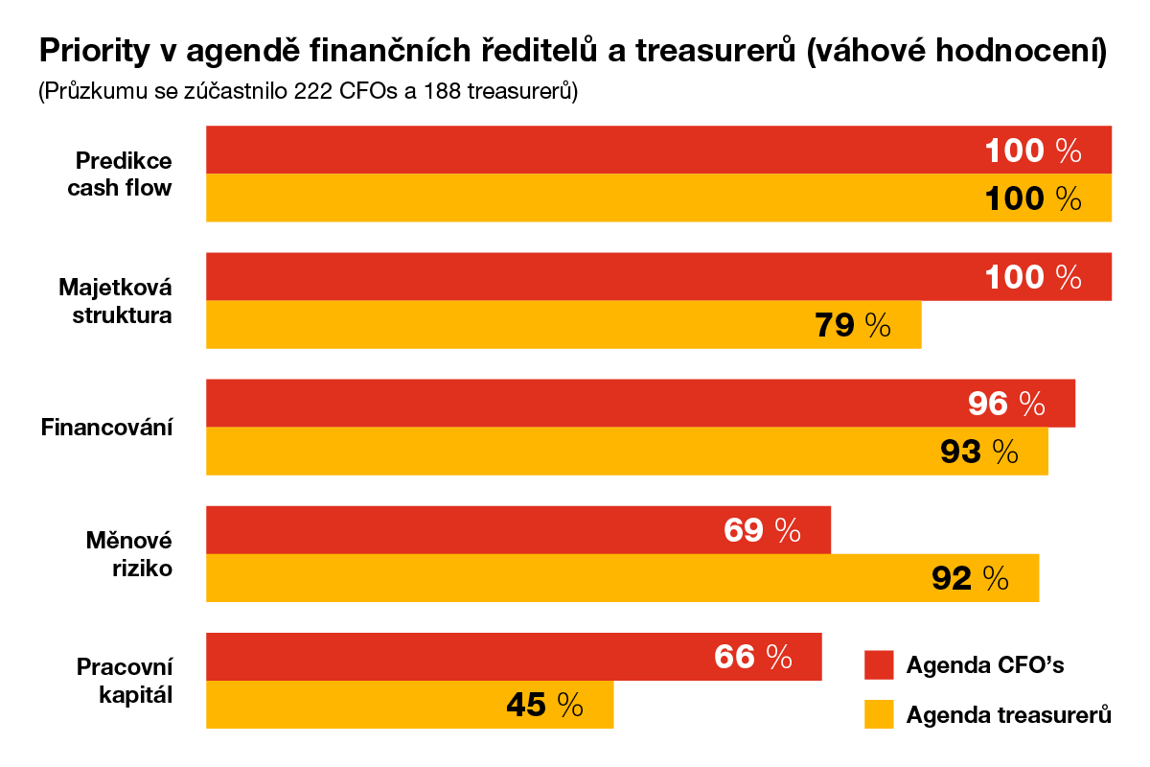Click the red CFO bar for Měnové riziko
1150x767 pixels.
(x=518, y=530)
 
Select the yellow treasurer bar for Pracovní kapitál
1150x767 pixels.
(x=410, y=705)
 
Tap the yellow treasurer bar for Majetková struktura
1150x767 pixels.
(x=563, y=325)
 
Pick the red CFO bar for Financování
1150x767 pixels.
(x=640, y=404)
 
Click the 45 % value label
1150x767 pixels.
(x=544, y=706)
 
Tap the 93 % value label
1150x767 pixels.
(x=978, y=452)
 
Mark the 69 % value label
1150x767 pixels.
(x=762, y=530)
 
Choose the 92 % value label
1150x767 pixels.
(x=970, y=578)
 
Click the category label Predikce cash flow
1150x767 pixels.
(x=120, y=174)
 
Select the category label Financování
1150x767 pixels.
(x=106, y=428)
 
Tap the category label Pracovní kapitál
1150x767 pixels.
(x=125, y=681)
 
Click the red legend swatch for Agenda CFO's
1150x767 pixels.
(x=879, y=664)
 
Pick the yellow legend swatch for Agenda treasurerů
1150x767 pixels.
(x=879, y=714)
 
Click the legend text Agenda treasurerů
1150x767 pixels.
(x=1008, y=715)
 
